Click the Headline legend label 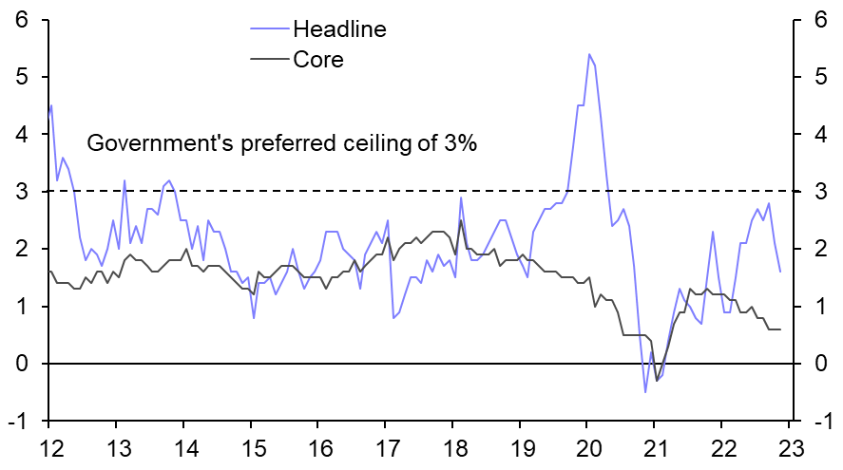click(x=339, y=28)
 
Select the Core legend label click(x=318, y=59)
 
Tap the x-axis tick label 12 click(x=48, y=448)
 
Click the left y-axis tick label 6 click(x=21, y=20)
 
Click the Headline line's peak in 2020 click(x=589, y=54)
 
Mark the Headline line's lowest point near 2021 click(x=645, y=391)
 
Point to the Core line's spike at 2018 click(x=461, y=220)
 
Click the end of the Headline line click(x=780, y=272)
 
